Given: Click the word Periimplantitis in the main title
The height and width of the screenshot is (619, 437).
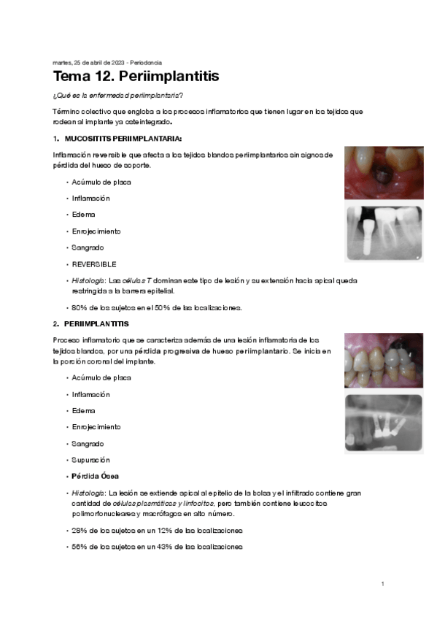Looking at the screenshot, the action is (169, 77).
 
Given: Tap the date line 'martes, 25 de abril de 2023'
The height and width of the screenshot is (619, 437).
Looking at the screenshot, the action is (85, 62).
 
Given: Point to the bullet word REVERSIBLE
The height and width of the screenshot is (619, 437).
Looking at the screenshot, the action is (94, 264).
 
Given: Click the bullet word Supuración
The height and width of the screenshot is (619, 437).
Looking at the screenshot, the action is (90, 460).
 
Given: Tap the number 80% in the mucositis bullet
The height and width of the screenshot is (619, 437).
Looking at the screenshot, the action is (79, 307).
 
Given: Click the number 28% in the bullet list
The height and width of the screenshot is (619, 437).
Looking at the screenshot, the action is (79, 530).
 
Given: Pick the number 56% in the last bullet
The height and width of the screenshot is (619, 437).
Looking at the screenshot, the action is (79, 547).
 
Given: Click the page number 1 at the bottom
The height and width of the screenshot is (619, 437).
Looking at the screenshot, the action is (382, 584).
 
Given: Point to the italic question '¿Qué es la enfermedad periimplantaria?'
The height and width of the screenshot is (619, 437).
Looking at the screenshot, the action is (117, 97).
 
